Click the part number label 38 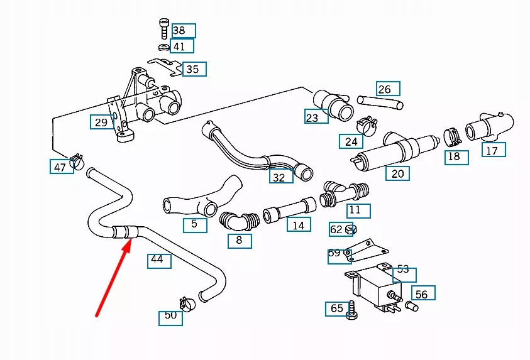[x=183, y=30]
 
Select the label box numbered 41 [x=181, y=46]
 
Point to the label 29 [x=101, y=122]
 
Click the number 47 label [x=60, y=167]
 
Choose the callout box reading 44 [x=158, y=259]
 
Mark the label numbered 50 [x=170, y=316]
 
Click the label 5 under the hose [x=195, y=224]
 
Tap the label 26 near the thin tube [x=388, y=89]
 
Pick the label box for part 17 [x=493, y=150]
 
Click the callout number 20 [x=397, y=173]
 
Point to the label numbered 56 [x=422, y=293]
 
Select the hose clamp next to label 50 [x=186, y=304]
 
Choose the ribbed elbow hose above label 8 [x=239, y=221]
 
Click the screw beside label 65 [x=351, y=309]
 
